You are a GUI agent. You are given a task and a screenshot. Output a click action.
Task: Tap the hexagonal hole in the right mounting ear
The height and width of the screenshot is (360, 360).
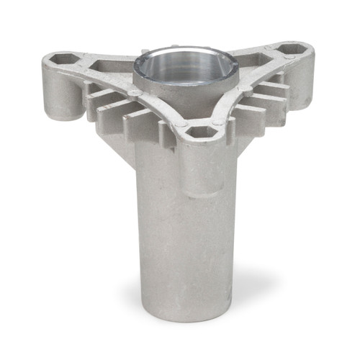click(292, 50)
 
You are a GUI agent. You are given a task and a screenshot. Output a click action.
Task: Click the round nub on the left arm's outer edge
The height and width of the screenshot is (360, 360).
click(135, 94)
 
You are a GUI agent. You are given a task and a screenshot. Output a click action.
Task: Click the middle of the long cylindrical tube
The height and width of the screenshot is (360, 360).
click(184, 238)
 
